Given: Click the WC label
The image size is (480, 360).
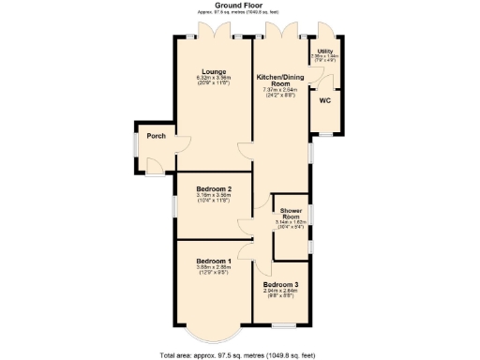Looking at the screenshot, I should coord(324,99).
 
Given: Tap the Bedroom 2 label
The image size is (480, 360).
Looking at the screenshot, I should coord(213,189).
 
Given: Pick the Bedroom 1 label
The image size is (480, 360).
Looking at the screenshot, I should coord(213,261).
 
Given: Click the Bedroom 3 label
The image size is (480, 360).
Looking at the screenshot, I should coord(280,284).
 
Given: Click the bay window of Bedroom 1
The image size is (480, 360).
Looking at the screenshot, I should coord(213,335).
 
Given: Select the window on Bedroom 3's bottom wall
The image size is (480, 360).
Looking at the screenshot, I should coord(283,324).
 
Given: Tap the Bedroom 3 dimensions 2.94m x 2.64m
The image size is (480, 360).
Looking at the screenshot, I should coord(280,291).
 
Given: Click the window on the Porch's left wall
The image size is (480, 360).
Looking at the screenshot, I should coord(135,144).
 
